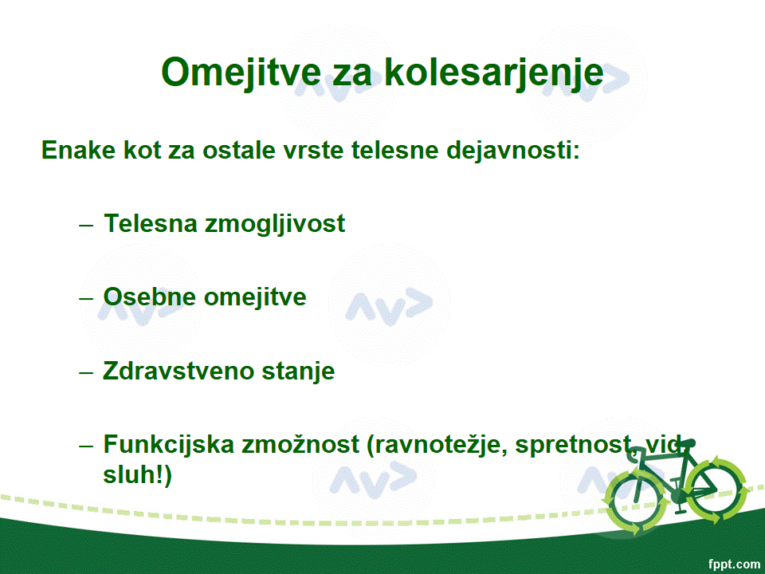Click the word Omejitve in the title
[241, 73]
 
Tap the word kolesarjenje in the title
[494, 73]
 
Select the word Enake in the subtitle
[78, 149]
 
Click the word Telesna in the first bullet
[150, 223]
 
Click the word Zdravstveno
[178, 371]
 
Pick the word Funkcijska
[169, 445]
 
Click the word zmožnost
[300, 444]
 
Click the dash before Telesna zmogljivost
[86, 225]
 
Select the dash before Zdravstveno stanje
[86, 372]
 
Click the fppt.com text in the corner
[733, 564]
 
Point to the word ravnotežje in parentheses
[437, 445]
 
